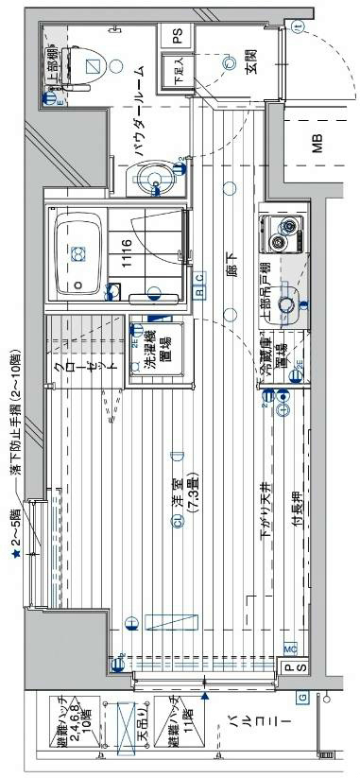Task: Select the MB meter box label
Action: click(317, 145)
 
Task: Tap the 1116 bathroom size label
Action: click(126, 256)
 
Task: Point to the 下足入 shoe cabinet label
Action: click(177, 71)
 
